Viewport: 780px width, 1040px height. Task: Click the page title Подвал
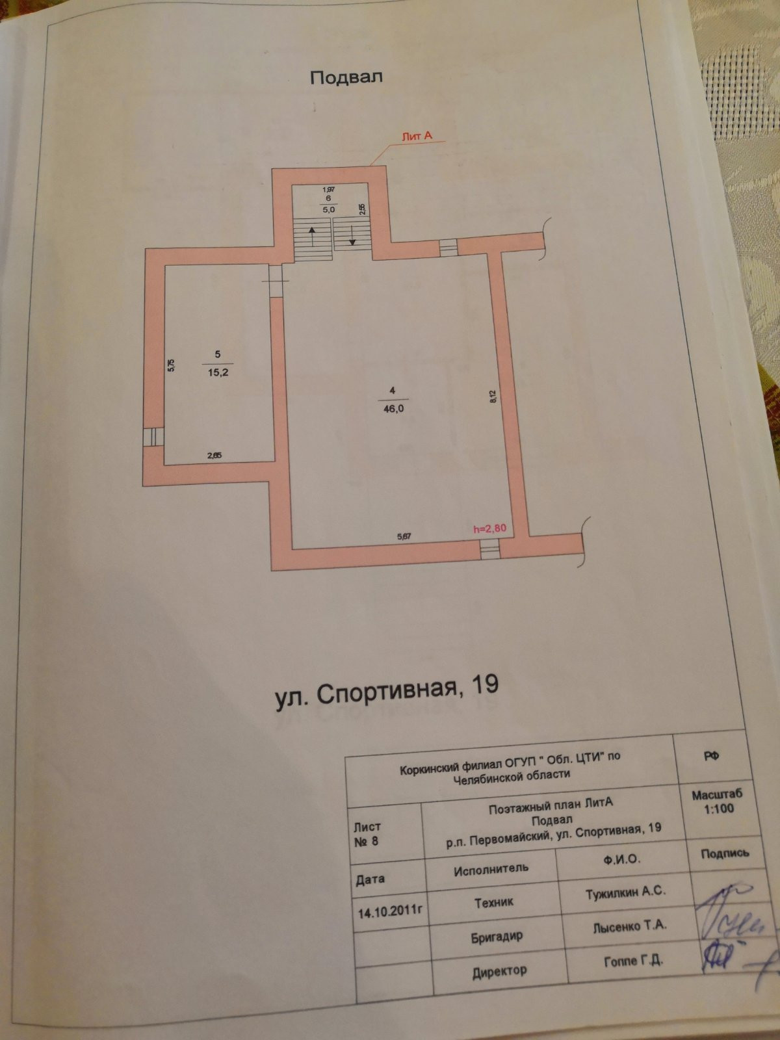point(346,77)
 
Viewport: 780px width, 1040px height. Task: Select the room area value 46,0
point(393,408)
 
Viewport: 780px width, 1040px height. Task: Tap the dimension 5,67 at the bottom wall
point(404,537)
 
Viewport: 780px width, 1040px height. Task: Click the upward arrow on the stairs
point(312,235)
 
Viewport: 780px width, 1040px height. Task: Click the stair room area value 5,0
point(328,210)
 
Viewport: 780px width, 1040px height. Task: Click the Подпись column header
point(725,853)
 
